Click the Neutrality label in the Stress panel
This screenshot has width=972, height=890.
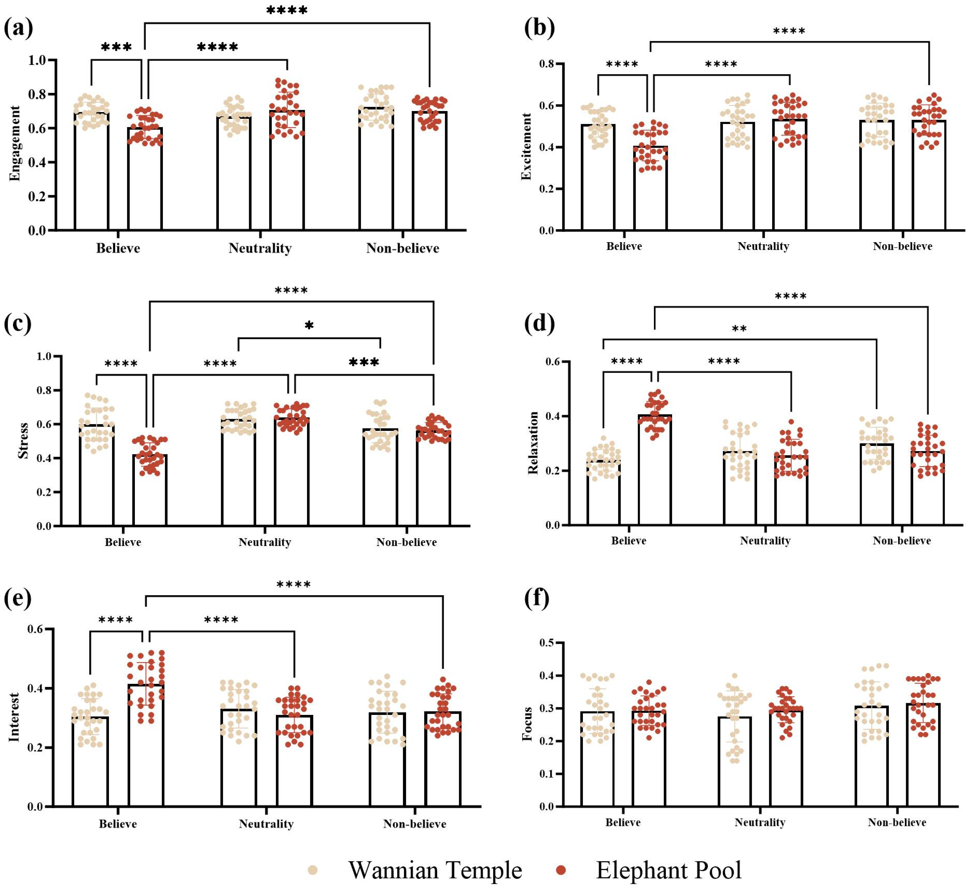(x=265, y=542)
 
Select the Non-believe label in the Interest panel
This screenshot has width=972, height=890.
(x=415, y=824)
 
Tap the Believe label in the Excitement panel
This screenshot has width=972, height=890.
(x=624, y=246)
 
